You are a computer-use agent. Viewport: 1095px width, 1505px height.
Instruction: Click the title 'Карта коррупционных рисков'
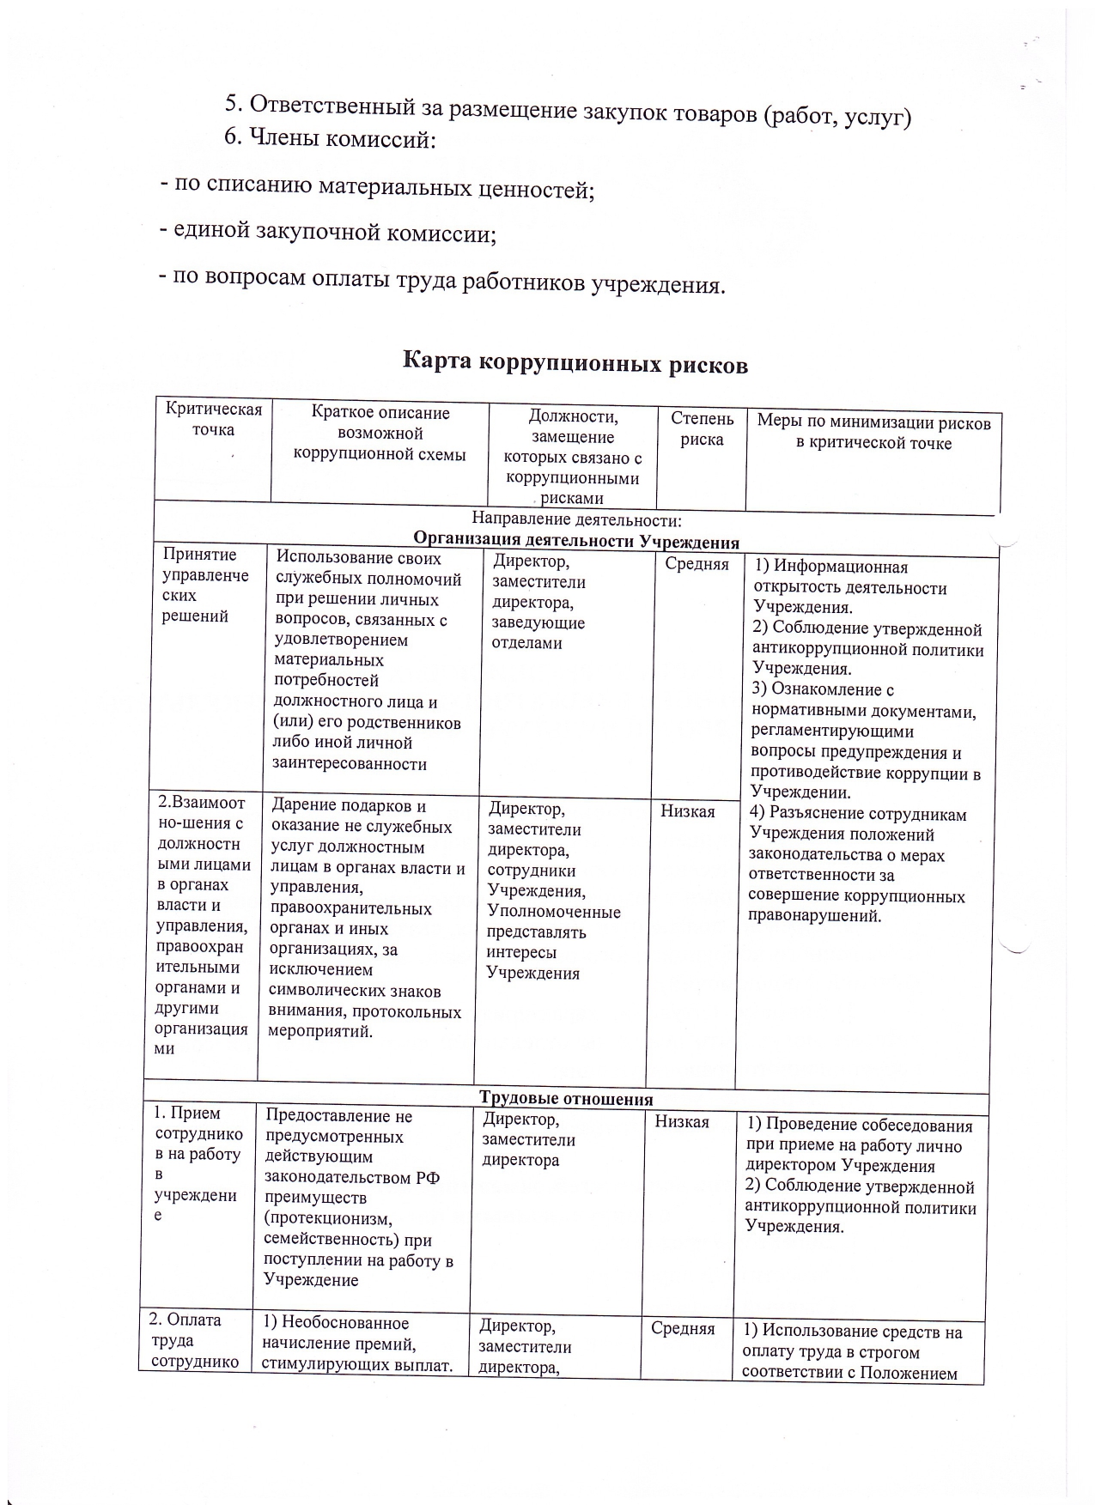575,364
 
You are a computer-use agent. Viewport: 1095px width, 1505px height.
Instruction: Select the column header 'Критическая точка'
213,420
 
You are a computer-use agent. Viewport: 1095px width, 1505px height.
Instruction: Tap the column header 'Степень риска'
702,429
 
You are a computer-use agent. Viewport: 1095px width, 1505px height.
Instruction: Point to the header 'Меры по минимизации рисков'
873,423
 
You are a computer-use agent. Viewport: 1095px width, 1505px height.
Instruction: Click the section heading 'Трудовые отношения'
566,1099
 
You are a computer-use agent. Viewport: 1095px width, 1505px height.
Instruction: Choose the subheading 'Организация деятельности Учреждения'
576,541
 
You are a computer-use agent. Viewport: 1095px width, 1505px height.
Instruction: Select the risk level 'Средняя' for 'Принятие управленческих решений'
697,564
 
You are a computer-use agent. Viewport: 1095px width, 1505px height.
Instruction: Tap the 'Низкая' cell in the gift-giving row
687,811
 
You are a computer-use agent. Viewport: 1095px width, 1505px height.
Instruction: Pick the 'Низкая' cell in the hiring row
682,1122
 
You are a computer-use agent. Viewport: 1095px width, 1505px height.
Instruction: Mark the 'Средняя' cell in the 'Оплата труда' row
683,1329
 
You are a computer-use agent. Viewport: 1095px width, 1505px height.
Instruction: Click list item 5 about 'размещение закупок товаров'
567,109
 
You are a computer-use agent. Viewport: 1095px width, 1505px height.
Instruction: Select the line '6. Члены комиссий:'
331,139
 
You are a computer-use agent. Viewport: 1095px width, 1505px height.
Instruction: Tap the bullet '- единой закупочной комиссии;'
327,232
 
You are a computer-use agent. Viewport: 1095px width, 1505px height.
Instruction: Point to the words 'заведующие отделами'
538,634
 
